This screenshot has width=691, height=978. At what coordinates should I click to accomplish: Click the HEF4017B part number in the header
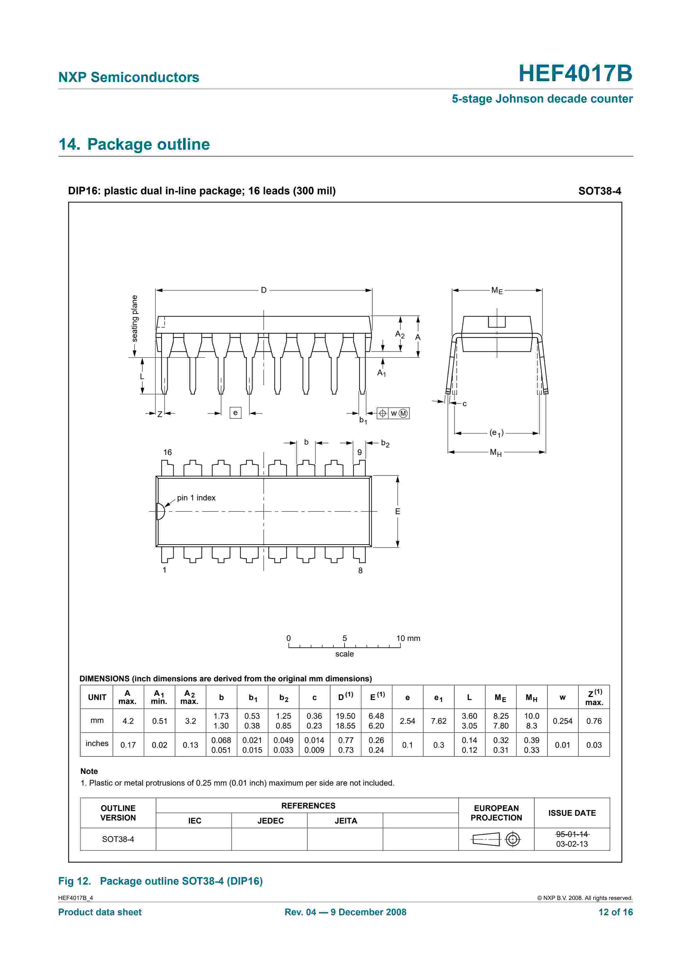click(x=575, y=73)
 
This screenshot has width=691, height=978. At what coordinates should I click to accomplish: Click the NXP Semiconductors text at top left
click(x=128, y=77)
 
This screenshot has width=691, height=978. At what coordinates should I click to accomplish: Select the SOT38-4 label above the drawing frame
click(x=600, y=191)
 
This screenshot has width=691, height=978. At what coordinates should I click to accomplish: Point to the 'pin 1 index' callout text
click(x=196, y=498)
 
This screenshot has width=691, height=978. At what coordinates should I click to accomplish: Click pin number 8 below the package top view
click(x=360, y=570)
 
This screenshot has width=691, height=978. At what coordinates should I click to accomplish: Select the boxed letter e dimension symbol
click(x=236, y=413)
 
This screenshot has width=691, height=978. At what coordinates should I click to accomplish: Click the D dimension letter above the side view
click(x=263, y=290)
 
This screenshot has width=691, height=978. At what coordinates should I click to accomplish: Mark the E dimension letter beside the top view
click(x=398, y=511)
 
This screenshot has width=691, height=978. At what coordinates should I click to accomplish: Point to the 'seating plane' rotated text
click(x=135, y=319)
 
